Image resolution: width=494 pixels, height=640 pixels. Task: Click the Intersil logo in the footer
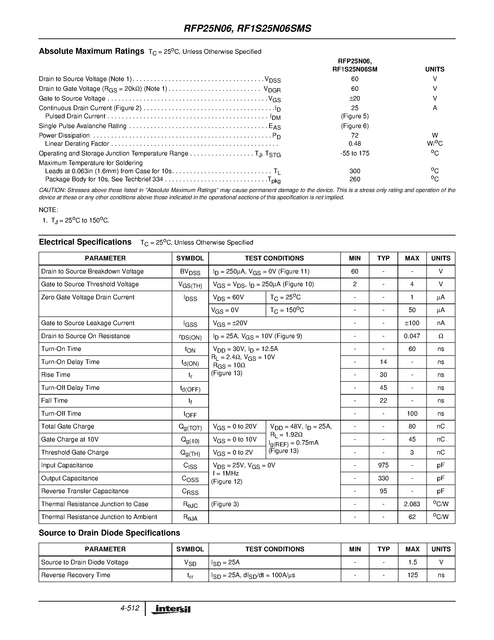click(171, 610)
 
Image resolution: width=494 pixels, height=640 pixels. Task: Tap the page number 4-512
click(130, 608)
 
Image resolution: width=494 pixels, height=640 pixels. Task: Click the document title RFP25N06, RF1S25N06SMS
click(247, 28)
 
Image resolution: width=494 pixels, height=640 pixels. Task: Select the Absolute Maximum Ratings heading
click(91, 51)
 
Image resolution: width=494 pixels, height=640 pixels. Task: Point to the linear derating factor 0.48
click(355, 144)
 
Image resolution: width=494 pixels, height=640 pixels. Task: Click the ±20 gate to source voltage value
click(355, 98)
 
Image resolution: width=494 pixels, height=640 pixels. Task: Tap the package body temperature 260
click(355, 179)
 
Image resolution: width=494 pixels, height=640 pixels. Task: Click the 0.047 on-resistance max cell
click(412, 336)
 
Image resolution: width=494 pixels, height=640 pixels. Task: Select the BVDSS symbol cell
click(190, 272)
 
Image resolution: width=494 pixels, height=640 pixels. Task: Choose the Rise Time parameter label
click(56, 375)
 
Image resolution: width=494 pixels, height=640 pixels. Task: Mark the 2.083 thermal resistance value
click(412, 504)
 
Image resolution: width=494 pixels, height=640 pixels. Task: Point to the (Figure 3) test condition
click(225, 504)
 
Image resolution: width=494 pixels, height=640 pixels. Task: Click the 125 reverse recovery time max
click(412, 575)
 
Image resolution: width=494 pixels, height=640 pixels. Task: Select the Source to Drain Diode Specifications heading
click(109, 533)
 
